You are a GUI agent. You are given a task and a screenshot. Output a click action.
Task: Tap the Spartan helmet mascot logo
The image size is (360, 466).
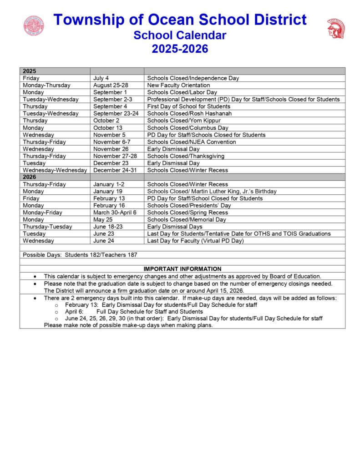click(336, 28)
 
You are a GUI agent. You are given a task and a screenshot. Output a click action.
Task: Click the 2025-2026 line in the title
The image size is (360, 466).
click(180, 48)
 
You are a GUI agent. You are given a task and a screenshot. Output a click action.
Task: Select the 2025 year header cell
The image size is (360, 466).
click(30, 71)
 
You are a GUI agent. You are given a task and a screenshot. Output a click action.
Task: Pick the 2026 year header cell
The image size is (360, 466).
click(30, 177)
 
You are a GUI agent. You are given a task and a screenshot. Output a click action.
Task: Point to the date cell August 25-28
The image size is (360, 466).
click(111, 85)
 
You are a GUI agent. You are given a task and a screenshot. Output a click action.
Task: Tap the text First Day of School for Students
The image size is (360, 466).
click(189, 106)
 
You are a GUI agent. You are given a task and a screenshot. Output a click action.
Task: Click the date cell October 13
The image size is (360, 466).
click(108, 128)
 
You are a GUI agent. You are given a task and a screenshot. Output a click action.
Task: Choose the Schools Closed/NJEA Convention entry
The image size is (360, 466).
click(192, 142)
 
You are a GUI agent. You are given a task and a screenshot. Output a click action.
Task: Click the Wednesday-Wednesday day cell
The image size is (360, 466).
click(55, 170)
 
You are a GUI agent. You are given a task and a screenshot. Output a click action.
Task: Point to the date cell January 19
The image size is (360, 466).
click(107, 191)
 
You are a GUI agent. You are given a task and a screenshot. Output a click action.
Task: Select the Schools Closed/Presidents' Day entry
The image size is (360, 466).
click(189, 205)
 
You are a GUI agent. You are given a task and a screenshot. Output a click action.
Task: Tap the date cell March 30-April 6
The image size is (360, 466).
click(115, 213)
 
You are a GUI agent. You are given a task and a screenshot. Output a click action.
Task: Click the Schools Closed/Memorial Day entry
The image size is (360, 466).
click(187, 219)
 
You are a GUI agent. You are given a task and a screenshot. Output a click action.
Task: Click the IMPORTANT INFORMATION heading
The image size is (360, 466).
click(182, 269)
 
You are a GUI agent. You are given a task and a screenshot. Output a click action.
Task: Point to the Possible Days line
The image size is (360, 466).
click(80, 255)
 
